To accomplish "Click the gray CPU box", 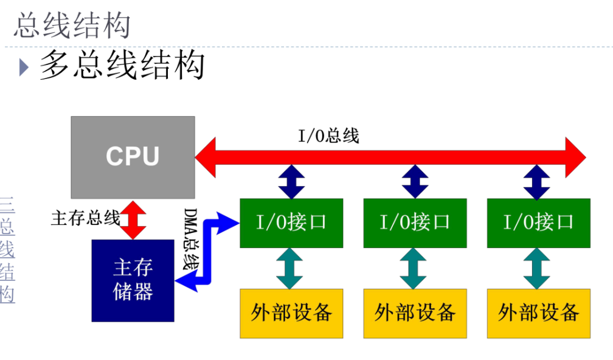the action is click(133, 157).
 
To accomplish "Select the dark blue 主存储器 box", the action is click(133, 281).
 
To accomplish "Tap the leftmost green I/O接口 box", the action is click(291, 223).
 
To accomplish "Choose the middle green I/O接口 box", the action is click(415, 223).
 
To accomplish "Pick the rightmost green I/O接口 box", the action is click(539, 223).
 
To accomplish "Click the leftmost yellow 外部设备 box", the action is click(291, 314).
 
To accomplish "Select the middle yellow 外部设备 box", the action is click(415, 314).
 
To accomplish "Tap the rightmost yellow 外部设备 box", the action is click(539, 314).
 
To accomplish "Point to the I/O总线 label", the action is click(328, 136).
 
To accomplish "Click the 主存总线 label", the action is click(86, 218).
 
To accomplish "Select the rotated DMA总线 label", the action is click(191, 239).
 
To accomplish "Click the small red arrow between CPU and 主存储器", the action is click(133, 220).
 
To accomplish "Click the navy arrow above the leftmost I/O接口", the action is click(291, 182).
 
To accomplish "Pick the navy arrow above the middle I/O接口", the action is click(415, 182).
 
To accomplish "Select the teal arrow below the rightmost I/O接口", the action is click(537, 269).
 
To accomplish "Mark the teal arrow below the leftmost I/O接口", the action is click(289, 269).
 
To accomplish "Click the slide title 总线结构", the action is click(72, 25).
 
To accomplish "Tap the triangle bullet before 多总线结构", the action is click(24, 67).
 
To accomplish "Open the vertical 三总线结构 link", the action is click(7, 250).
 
